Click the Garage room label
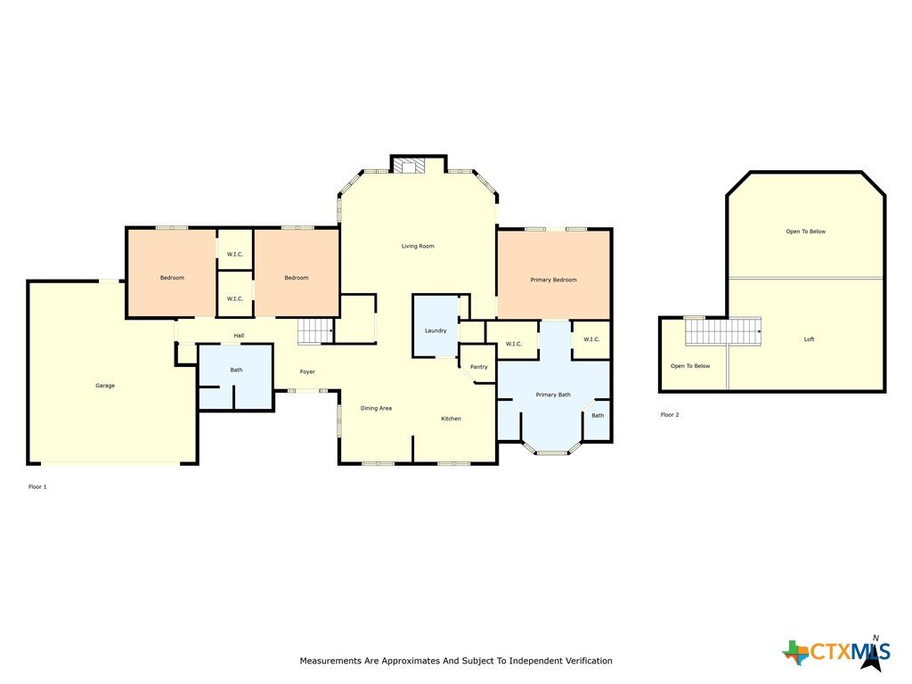tap(105, 386)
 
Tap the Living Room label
tap(418, 246)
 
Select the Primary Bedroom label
tap(553, 280)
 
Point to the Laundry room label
tap(436, 331)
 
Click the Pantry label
tap(478, 367)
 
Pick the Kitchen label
tap(451, 419)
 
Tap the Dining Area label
tap(376, 408)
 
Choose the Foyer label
tap(307, 371)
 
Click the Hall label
tap(239, 336)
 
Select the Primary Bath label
tap(552, 395)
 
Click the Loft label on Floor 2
tap(809, 339)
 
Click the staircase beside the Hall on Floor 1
tap(315, 331)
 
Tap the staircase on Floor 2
tap(723, 331)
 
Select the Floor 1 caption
tap(37, 487)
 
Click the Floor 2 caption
tap(670, 415)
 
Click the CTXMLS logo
tap(836, 652)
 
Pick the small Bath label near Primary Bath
tap(598, 416)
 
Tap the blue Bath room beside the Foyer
tap(235, 377)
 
